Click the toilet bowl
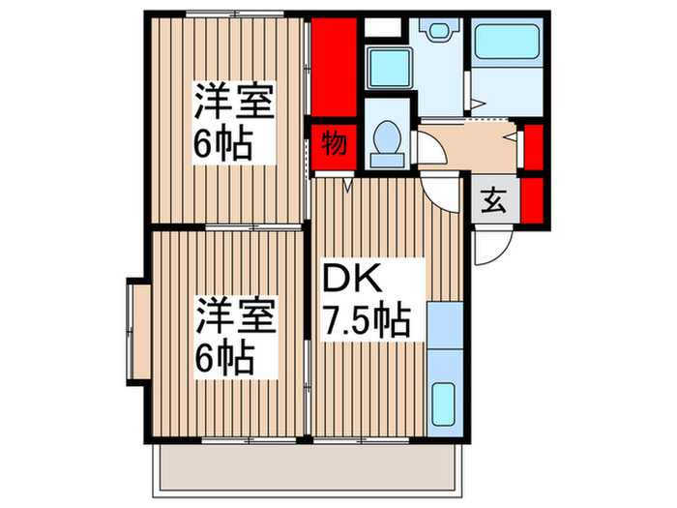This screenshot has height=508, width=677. point(388,139)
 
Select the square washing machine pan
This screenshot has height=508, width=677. point(391,68)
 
